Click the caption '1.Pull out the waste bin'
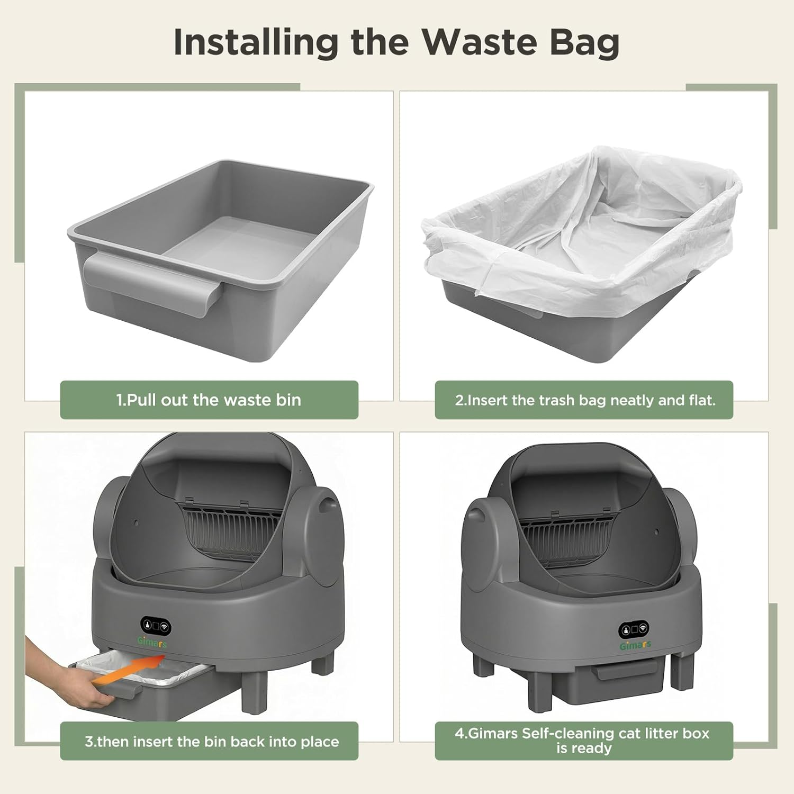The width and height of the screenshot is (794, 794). (x=209, y=400)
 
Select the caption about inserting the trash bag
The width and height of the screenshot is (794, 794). (x=585, y=400)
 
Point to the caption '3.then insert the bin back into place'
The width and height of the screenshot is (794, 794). (x=212, y=741)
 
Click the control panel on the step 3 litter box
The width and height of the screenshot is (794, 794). (x=156, y=627)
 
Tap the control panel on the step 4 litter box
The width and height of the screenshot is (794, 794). (x=634, y=629)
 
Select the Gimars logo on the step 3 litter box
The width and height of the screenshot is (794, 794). (x=152, y=642)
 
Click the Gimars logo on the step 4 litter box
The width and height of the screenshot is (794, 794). (x=636, y=645)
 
